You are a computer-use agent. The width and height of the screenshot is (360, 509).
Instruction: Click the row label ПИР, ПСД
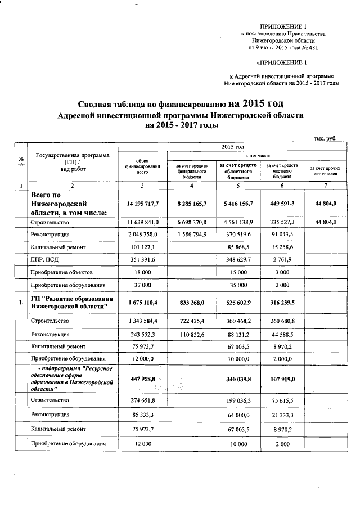click(47, 259)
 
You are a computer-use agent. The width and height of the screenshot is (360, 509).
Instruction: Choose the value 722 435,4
click(192, 321)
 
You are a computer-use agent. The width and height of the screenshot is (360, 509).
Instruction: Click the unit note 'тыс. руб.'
click(325, 138)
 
